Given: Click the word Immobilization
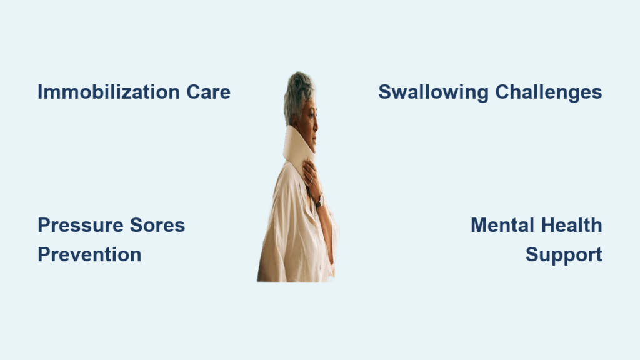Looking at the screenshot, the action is pos(109,92).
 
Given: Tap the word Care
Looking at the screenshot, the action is pos(209,92).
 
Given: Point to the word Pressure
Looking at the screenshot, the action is pos(81,225).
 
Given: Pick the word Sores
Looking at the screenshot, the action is pos(157,225).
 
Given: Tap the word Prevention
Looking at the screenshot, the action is pos(89,255).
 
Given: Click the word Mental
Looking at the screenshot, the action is pos(502,225).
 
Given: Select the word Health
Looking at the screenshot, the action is pos(572,225).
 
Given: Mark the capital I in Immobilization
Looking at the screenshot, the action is pos(40,92).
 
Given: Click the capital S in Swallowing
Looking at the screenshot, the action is pos(385,92).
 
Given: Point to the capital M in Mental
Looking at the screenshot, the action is pos(479,225).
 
